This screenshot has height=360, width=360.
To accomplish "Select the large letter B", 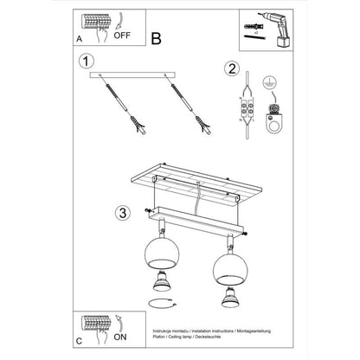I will coord(156,38).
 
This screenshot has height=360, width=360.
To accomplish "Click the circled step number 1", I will coord(85,61).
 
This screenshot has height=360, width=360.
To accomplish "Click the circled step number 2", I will coord(231,69).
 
